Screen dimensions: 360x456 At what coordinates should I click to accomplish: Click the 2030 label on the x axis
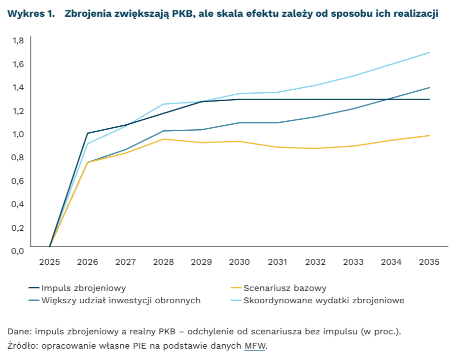pyautogui.click(x=240, y=262)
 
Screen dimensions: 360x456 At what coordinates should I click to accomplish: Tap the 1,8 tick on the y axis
pyautogui.click(x=18, y=40)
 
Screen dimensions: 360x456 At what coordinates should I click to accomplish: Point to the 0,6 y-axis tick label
pyautogui.click(x=18, y=180)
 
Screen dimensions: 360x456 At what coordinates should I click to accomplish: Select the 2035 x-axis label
pyautogui.click(x=429, y=262)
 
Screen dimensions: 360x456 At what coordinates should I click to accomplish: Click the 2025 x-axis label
pyautogui.click(x=50, y=262)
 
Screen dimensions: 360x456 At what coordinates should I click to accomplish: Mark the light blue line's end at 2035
pyautogui.click(x=429, y=53)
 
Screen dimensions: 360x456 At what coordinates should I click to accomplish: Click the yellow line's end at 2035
pyautogui.click(x=429, y=136)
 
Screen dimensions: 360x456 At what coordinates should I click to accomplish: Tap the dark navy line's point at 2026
pyautogui.click(x=87, y=133)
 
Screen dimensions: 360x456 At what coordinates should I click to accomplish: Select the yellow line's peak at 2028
pyautogui.click(x=163, y=139)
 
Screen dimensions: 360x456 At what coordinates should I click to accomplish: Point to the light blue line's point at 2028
pyautogui.click(x=163, y=104)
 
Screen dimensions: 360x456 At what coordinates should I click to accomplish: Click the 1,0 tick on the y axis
pyautogui.click(x=18, y=134)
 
